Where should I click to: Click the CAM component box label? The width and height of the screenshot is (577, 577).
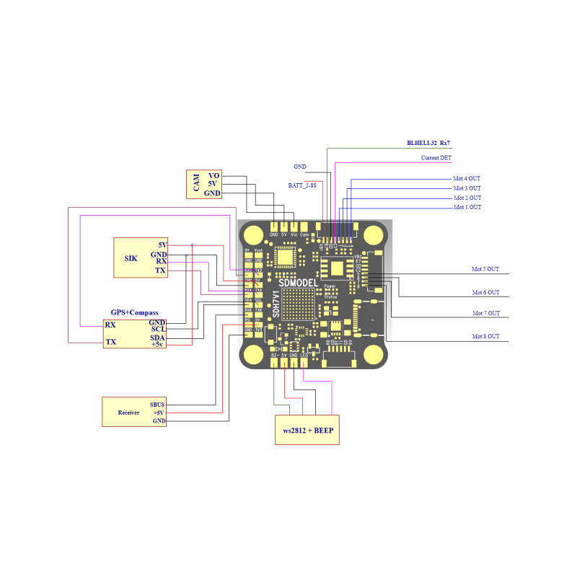tap(195, 184)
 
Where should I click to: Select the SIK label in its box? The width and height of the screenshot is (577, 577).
tap(131, 257)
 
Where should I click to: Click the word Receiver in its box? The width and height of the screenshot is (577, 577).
tap(128, 413)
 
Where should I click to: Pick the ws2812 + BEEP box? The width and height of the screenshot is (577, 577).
tap(308, 430)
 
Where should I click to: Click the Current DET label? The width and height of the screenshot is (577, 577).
tap(436, 158)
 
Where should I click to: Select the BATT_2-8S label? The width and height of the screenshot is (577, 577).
tap(302, 185)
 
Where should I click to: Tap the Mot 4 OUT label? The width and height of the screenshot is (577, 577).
tap(467, 178)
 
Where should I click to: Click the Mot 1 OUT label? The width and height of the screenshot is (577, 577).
tap(467, 208)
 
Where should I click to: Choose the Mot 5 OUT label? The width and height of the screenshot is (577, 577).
tap(485, 269)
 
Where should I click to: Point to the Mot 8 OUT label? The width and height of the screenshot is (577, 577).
tap(485, 337)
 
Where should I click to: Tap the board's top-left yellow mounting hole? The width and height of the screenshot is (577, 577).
tap(255, 235)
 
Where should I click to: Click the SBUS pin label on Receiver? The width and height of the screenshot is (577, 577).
tap(157, 405)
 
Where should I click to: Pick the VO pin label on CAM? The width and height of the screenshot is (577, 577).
tap(213, 175)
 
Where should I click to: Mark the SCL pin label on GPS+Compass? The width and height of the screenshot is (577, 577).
tap(158, 330)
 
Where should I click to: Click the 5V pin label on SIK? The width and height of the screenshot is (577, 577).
tap(162, 245)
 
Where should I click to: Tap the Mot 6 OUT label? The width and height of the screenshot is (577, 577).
tap(485, 293)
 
